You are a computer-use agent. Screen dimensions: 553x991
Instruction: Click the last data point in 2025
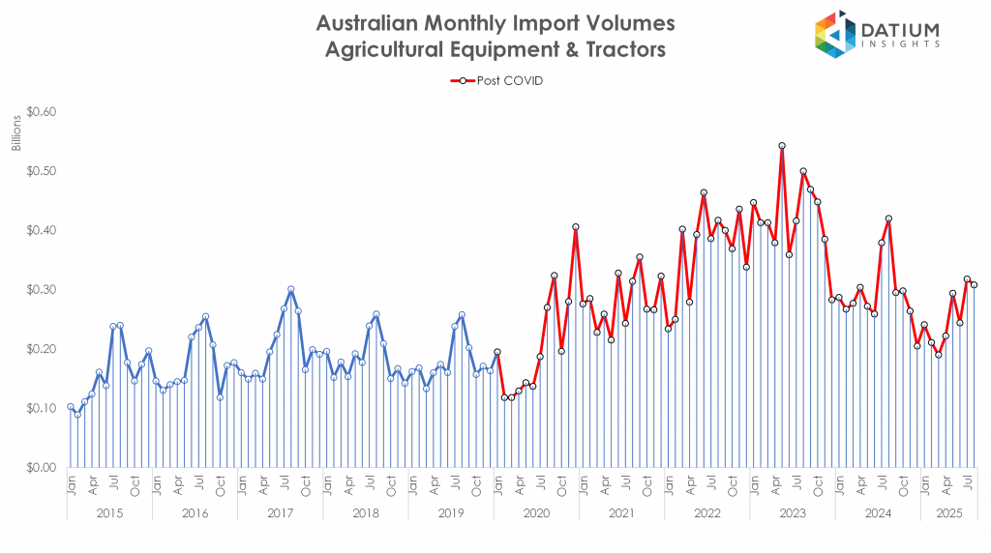tap(974, 284)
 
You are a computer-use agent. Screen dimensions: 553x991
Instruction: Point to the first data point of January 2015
tap(71, 407)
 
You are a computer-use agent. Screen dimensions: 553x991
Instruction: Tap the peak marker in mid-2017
tap(290, 289)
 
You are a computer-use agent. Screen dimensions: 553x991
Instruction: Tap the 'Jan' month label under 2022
tap(669, 482)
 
